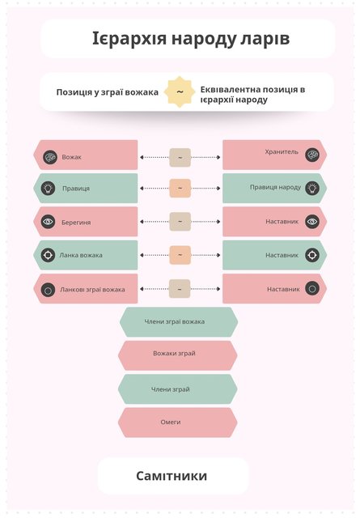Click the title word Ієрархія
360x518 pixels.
point(129,38)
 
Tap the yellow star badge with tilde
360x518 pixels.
point(180,91)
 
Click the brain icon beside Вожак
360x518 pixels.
point(50,157)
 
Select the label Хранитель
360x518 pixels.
point(282,152)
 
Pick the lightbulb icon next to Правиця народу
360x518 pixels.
point(312,188)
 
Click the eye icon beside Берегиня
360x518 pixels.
point(48,221)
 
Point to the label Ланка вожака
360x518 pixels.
point(81,255)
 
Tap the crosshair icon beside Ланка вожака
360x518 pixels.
point(48,255)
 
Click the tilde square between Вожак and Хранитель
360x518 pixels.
point(180,157)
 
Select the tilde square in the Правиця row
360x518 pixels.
point(180,189)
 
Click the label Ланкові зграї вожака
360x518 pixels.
point(92,290)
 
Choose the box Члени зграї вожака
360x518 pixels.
point(178,322)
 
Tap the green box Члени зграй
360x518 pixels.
point(178,389)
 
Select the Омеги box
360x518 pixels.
point(178,422)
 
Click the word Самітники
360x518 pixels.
point(172,476)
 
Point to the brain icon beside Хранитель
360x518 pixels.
point(312,155)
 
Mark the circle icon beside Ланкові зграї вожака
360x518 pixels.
point(48,290)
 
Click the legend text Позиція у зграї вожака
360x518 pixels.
point(108,92)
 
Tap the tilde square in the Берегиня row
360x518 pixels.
point(180,221)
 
